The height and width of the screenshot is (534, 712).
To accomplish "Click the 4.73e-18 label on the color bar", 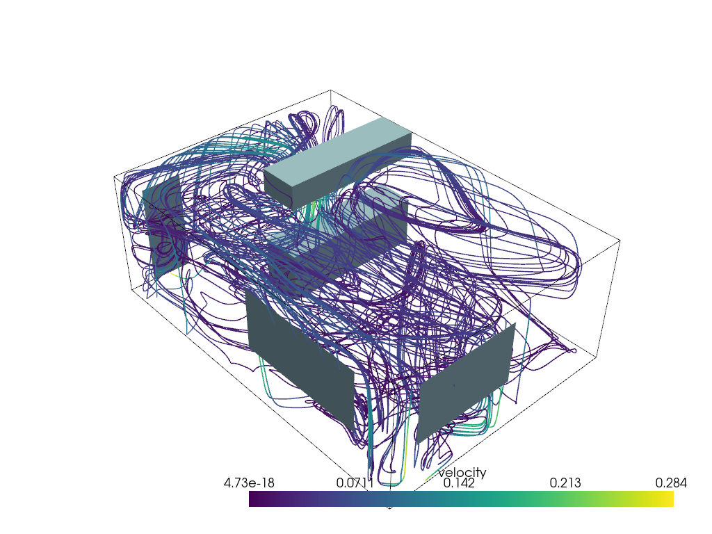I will [x=250, y=483].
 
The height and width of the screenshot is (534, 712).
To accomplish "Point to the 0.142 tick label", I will [x=456, y=483].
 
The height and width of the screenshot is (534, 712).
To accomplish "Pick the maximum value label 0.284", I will [x=671, y=483].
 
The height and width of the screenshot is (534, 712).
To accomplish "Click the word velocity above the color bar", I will [x=462, y=473].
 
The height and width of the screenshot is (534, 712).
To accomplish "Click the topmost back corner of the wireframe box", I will [x=330, y=90].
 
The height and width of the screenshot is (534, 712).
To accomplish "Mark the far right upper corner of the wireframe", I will [x=620, y=241].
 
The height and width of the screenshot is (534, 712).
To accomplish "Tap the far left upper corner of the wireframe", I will [x=114, y=177].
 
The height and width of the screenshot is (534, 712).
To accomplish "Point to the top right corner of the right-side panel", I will [x=515, y=323].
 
